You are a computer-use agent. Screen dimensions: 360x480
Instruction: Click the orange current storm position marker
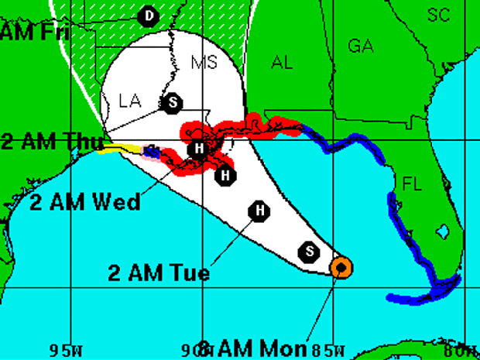click(x=341, y=267)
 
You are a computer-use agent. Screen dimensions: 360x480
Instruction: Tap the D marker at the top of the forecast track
click(x=148, y=15)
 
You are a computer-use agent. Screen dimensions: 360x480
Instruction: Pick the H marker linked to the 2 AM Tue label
click(x=260, y=211)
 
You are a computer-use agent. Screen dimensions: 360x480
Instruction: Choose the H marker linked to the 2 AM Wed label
click(x=200, y=149)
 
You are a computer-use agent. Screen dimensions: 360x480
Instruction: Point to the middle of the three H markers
click(x=225, y=176)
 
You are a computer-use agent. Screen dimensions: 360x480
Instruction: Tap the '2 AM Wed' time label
click(x=85, y=203)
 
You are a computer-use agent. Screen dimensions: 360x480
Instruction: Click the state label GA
click(x=360, y=46)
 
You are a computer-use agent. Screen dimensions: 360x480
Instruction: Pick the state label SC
click(x=439, y=15)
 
